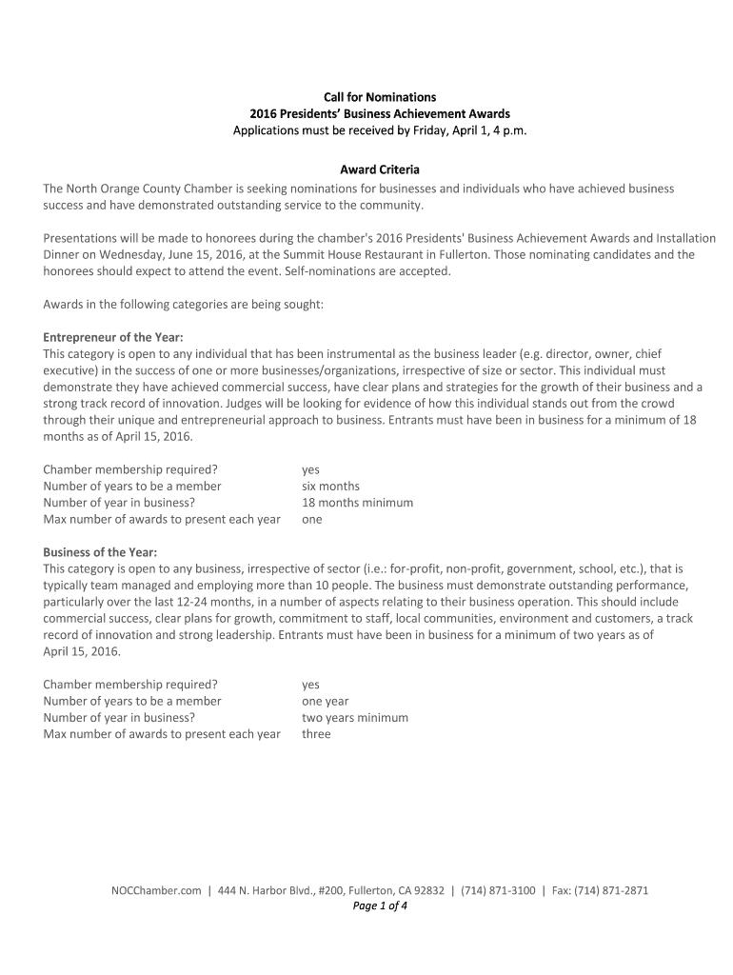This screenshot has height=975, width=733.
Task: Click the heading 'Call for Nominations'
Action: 380,97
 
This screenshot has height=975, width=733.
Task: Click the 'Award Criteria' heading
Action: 380,170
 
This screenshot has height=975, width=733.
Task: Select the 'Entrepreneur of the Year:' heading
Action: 113,337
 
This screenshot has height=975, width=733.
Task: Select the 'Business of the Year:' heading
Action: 101,552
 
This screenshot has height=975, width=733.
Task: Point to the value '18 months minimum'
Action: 357,503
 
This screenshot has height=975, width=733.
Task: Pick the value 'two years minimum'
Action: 354,718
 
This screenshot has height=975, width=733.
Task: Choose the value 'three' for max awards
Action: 316,734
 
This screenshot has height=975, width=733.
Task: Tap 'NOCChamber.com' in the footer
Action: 156,891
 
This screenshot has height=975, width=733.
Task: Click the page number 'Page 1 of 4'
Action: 380,906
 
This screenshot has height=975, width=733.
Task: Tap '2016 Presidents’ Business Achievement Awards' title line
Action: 380,113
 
